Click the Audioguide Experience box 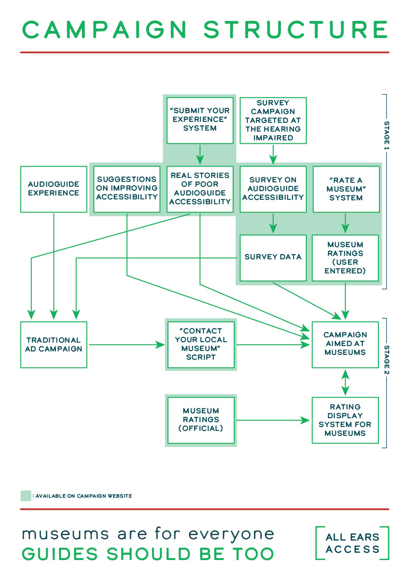(x=54, y=189)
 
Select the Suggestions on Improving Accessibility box (x=127, y=189)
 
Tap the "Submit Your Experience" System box (x=200, y=120)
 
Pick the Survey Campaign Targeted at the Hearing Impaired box (x=273, y=120)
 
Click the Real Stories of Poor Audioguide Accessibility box (x=200, y=189)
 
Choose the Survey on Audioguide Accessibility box (x=273, y=189)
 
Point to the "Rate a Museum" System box (x=346, y=189)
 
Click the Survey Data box (x=273, y=257)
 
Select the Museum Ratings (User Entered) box (x=345, y=257)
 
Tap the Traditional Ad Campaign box (x=54, y=345)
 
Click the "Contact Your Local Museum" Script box (x=201, y=345)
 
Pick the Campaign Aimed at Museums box (x=345, y=345)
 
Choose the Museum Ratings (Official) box (x=201, y=420)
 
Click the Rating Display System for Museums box (x=345, y=420)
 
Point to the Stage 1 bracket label (x=387, y=136)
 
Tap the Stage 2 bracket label (x=387, y=360)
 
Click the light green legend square (x=26, y=496)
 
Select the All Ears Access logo (x=352, y=543)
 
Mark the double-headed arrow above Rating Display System (x=345, y=383)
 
